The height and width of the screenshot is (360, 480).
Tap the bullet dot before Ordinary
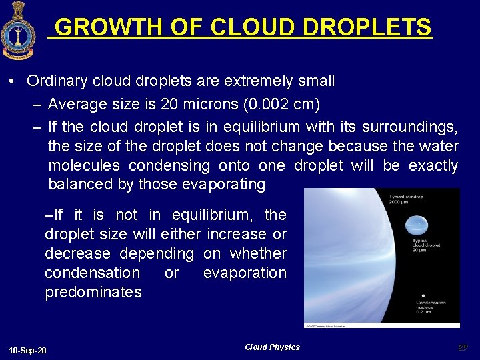[x=13, y=82]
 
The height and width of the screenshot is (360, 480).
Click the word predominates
[x=93, y=292]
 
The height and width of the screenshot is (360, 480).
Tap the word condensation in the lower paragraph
[x=92, y=273]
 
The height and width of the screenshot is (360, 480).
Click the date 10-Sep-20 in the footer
[x=28, y=350]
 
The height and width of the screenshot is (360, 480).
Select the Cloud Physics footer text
[x=272, y=347]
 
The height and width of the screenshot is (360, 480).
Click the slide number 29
[x=463, y=347]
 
